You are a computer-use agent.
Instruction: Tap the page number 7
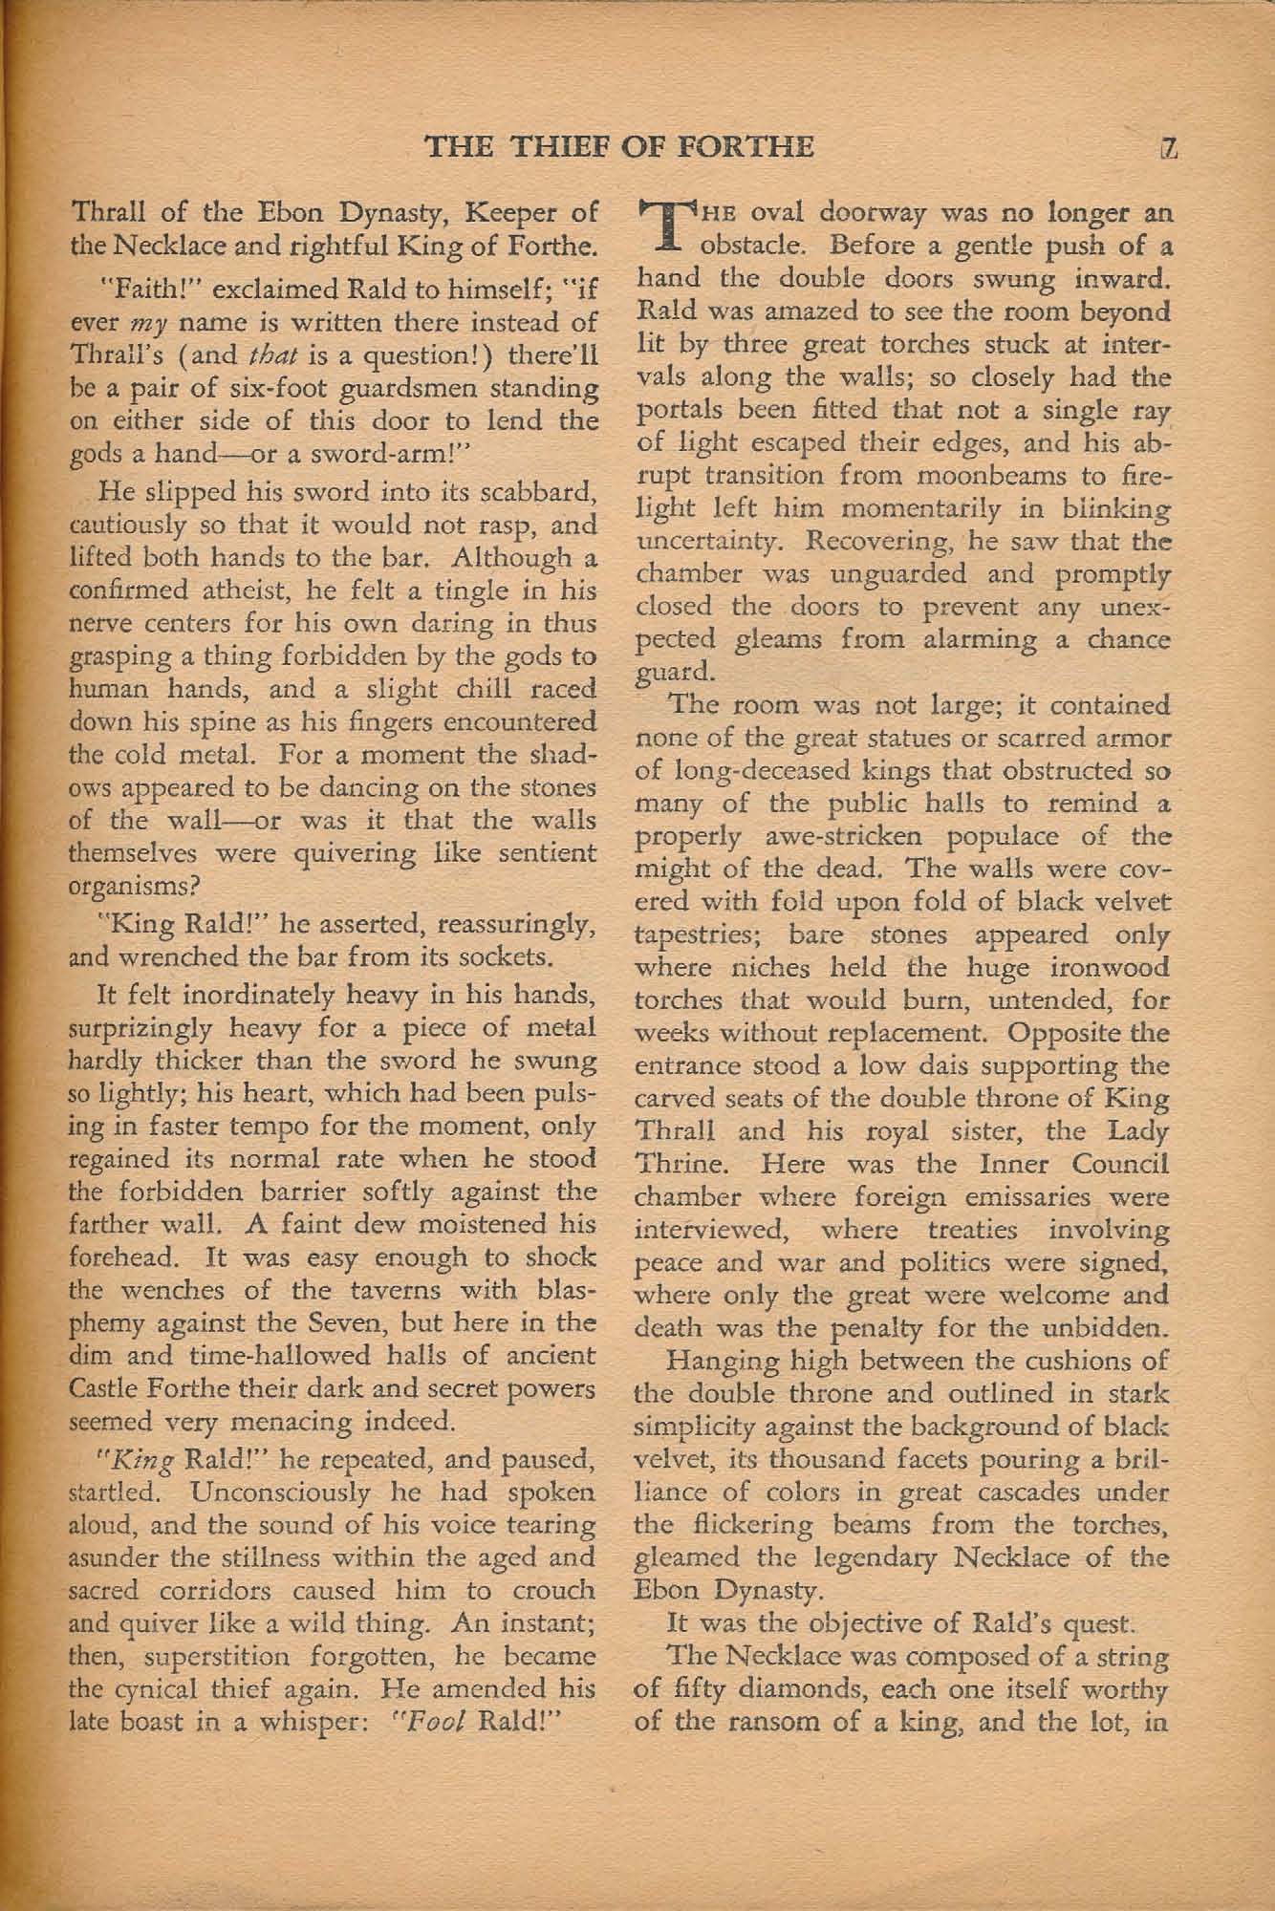pos(1168,147)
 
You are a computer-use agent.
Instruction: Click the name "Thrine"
pos(680,1165)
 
